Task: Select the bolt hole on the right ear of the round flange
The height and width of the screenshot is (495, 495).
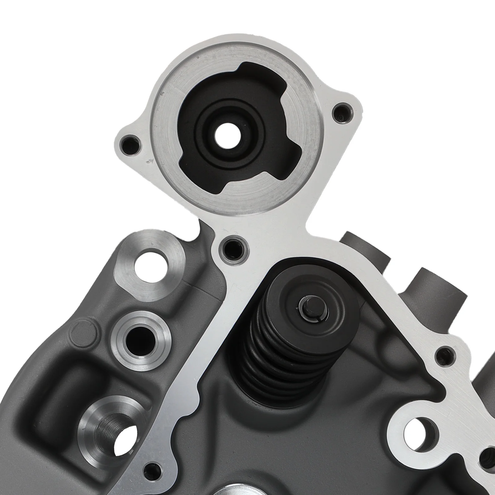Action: click(343, 114)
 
